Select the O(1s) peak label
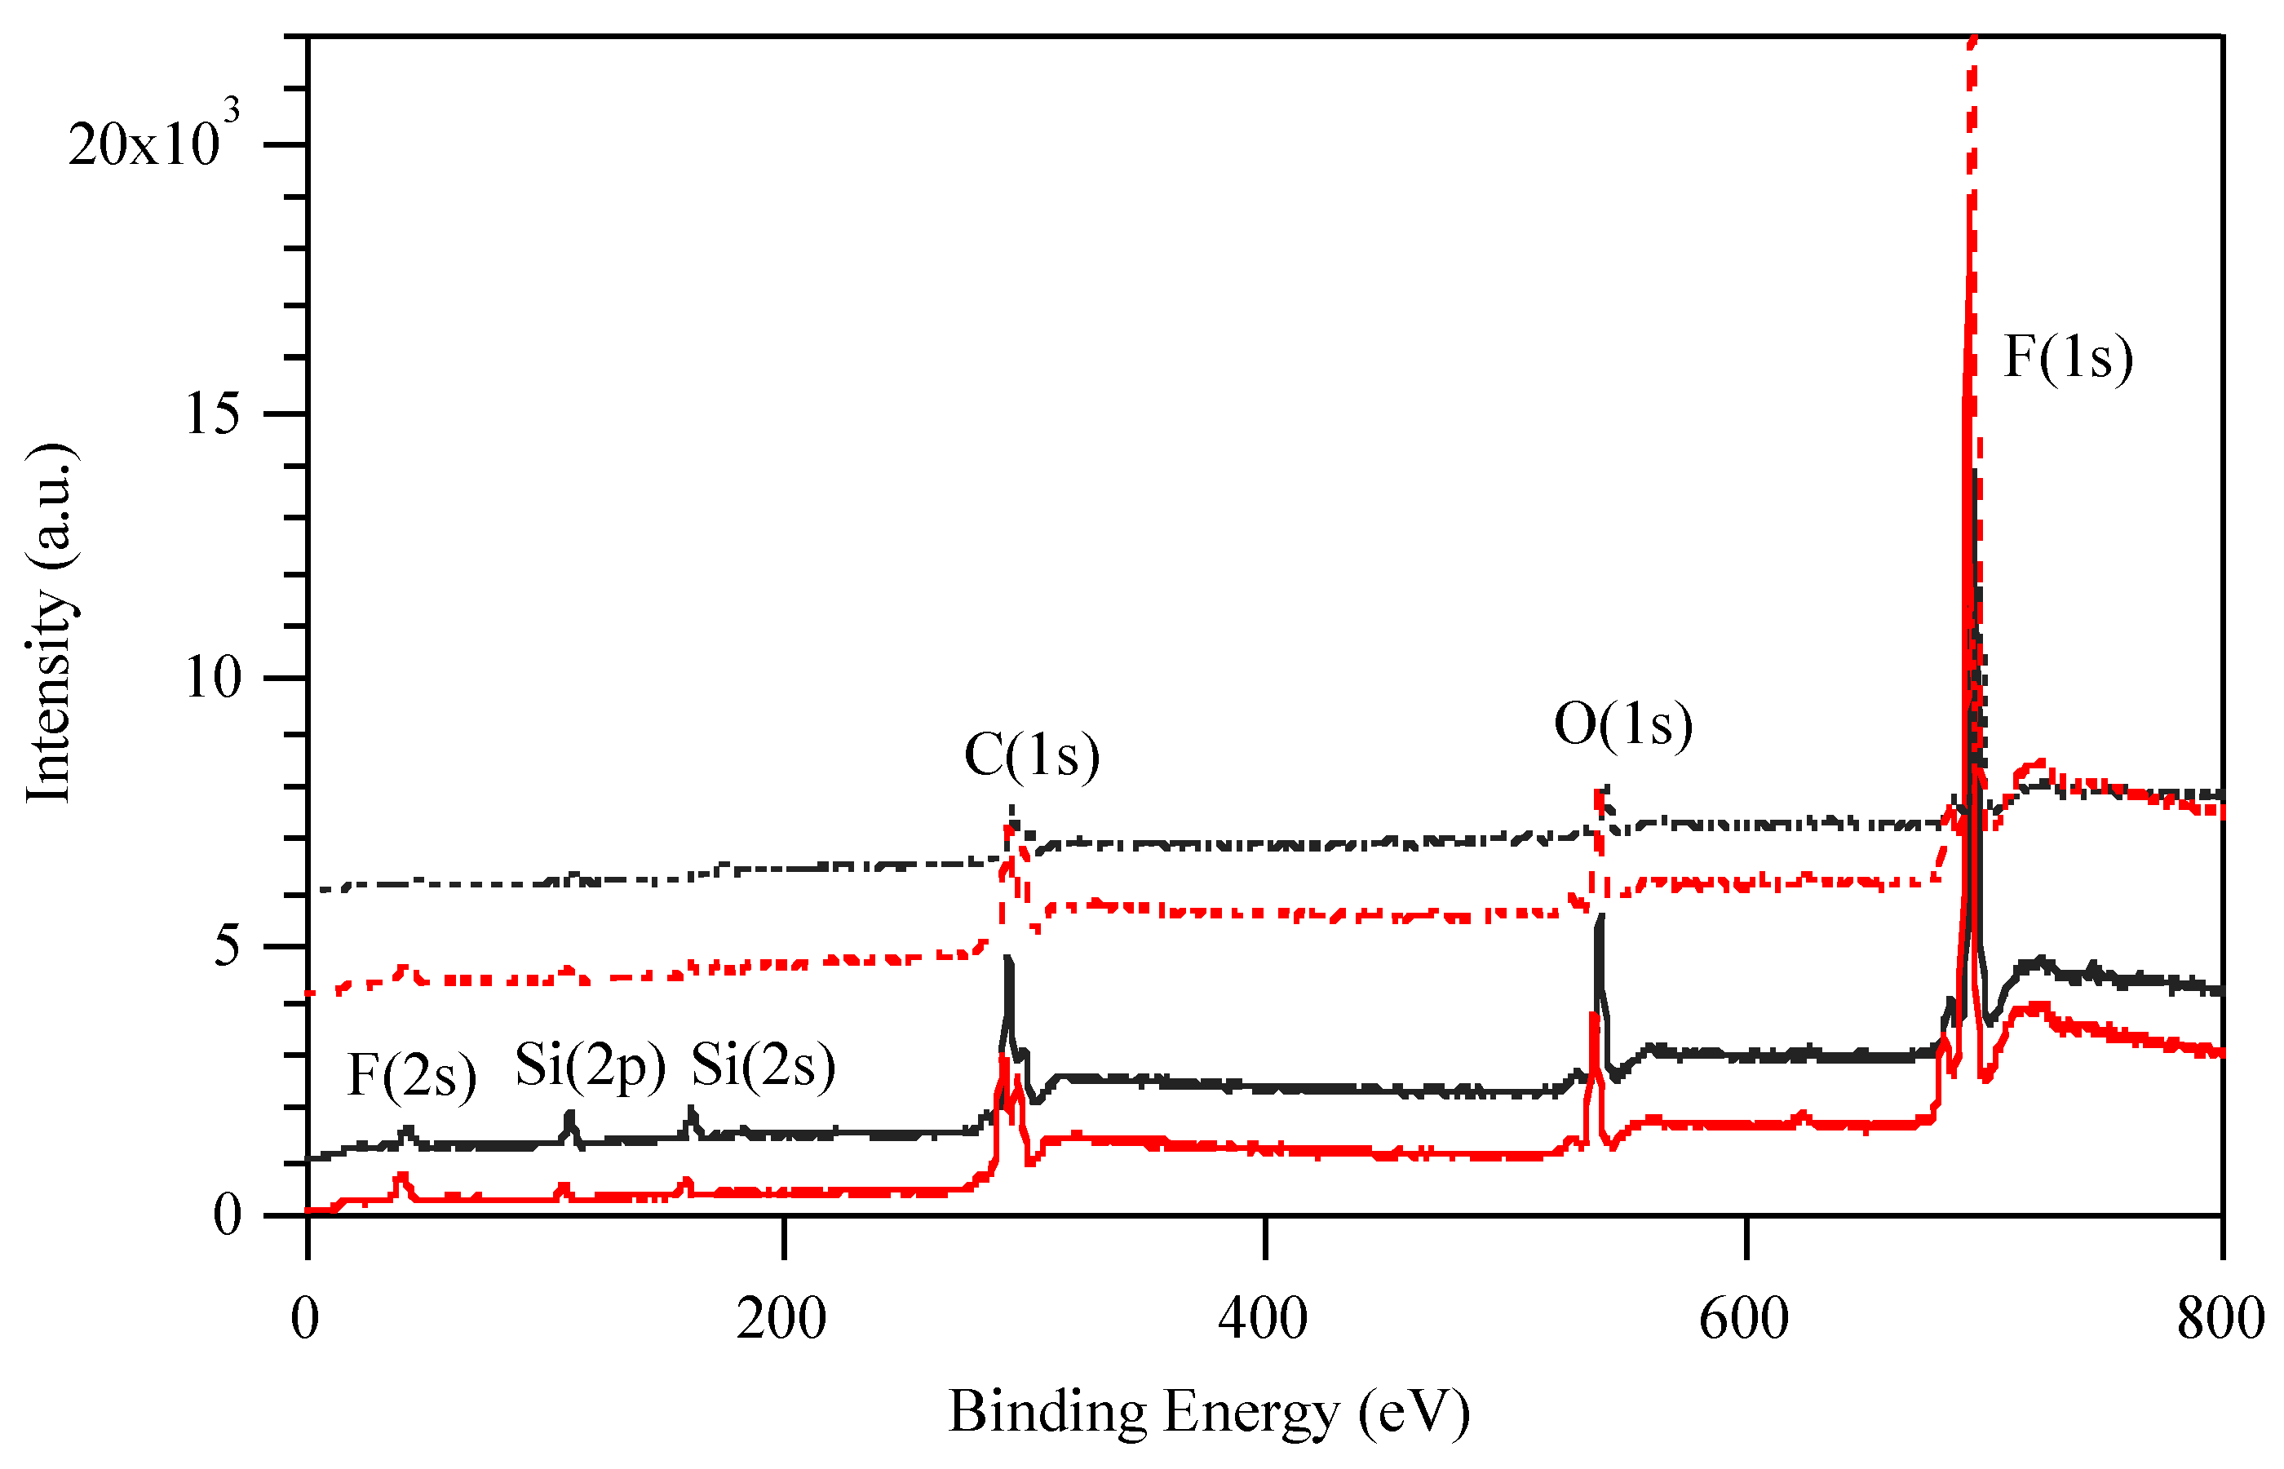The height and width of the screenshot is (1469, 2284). pos(1623,724)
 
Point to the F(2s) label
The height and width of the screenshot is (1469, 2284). pos(412,1075)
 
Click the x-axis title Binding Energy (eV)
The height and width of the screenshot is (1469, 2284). pos(1208,1412)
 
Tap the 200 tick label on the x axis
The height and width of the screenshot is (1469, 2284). pos(781,1319)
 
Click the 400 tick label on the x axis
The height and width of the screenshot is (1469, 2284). pos(1263,1319)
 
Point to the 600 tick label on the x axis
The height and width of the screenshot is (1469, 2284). pos(1743,1319)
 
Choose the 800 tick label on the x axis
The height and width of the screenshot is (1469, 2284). pos(2220,1319)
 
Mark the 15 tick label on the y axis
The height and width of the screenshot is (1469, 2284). pos(213,414)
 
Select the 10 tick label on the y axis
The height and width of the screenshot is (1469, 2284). pos(213,679)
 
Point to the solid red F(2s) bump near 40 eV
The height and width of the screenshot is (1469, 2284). pos(401,1179)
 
